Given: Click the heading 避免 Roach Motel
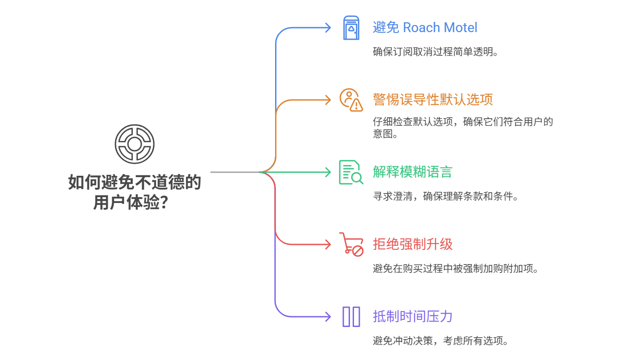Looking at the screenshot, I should coord(425,28).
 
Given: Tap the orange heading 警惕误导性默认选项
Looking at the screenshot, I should coord(433,99).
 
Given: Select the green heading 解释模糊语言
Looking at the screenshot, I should coord(412,172).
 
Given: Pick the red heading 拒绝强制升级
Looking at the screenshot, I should coord(412,244).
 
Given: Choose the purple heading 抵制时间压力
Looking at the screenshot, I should coord(412,316).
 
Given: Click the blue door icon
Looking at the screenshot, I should coord(351,28).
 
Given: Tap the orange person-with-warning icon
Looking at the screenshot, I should coord(351,99).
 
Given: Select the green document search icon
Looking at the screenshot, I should coord(351,172).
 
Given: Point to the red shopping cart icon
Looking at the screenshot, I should coord(351,244).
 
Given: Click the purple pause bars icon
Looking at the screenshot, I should coord(351,316).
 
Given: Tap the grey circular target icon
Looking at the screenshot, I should coord(134,144).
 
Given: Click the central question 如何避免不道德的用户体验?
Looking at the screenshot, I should coord(134,192).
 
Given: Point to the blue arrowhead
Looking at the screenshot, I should coord(328,28).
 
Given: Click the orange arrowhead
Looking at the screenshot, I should coord(328,99).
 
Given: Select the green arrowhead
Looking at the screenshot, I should coord(328,172).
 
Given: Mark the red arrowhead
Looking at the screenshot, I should coord(328,244).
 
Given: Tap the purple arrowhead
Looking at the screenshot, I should coord(328,316).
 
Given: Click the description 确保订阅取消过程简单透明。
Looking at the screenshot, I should coord(435,52).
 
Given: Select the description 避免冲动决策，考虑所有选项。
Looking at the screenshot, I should coord(440,341).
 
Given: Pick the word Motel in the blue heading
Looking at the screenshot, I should coord(461,28).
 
